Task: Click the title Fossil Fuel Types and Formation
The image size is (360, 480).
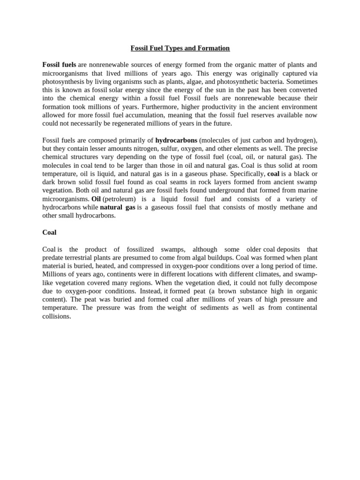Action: coord(180,48)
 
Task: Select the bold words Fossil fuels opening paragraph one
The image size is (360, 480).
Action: coord(59,65)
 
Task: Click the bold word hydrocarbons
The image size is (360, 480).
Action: coord(176,140)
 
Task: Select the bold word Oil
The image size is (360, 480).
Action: coord(96,199)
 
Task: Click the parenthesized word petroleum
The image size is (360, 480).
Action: coord(119,199)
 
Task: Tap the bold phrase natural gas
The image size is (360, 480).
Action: coord(117,207)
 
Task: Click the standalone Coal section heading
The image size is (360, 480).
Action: coord(49,232)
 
